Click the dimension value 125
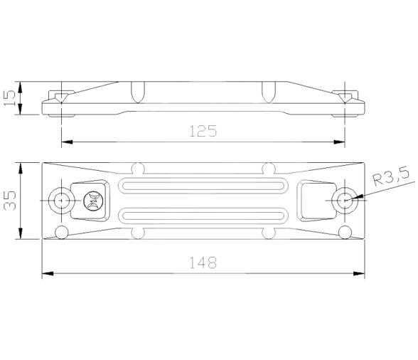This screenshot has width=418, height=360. pos(203,131)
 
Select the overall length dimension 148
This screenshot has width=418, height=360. pos(203,263)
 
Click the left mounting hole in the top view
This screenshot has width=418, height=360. pos(62,201)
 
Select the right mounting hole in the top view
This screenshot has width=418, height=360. pos(345,201)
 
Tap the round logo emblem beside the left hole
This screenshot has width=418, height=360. pos(91,201)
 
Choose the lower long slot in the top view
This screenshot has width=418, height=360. pos(203,215)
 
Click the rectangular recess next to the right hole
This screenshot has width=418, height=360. pos(311,199)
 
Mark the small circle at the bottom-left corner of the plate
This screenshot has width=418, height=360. pos(62,231)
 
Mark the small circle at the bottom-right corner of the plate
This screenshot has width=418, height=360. pos(345,231)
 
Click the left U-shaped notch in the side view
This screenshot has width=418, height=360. pos(139,91)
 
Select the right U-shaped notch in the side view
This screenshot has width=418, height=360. pos(269,91)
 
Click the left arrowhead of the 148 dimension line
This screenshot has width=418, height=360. pos(46,274)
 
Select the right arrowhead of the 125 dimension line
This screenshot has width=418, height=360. pos(341,142)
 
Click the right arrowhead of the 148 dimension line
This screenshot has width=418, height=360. pos(361,274)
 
